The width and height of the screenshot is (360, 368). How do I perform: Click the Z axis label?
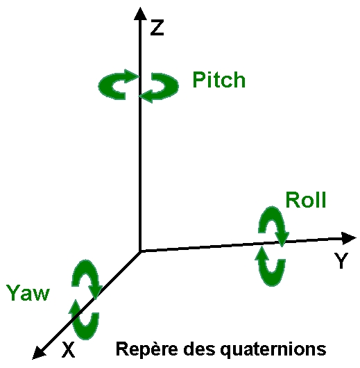click(157, 28)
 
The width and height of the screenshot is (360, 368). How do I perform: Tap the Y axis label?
click(341, 260)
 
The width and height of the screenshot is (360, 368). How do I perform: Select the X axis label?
click(68, 349)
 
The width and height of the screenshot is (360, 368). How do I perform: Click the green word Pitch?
click(218, 80)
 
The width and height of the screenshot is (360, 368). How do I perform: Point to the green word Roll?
click(306, 200)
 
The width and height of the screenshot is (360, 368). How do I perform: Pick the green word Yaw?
click(28, 292)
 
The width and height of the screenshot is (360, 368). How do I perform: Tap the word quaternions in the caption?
click(273, 349)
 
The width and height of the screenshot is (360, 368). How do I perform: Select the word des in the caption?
click(199, 349)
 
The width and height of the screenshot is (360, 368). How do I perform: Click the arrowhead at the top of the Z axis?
click(140, 14)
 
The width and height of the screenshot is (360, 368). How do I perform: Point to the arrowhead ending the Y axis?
click(348, 238)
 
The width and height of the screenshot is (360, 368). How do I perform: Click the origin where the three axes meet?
click(140, 251)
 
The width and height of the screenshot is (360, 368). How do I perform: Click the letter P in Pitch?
click(198, 80)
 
